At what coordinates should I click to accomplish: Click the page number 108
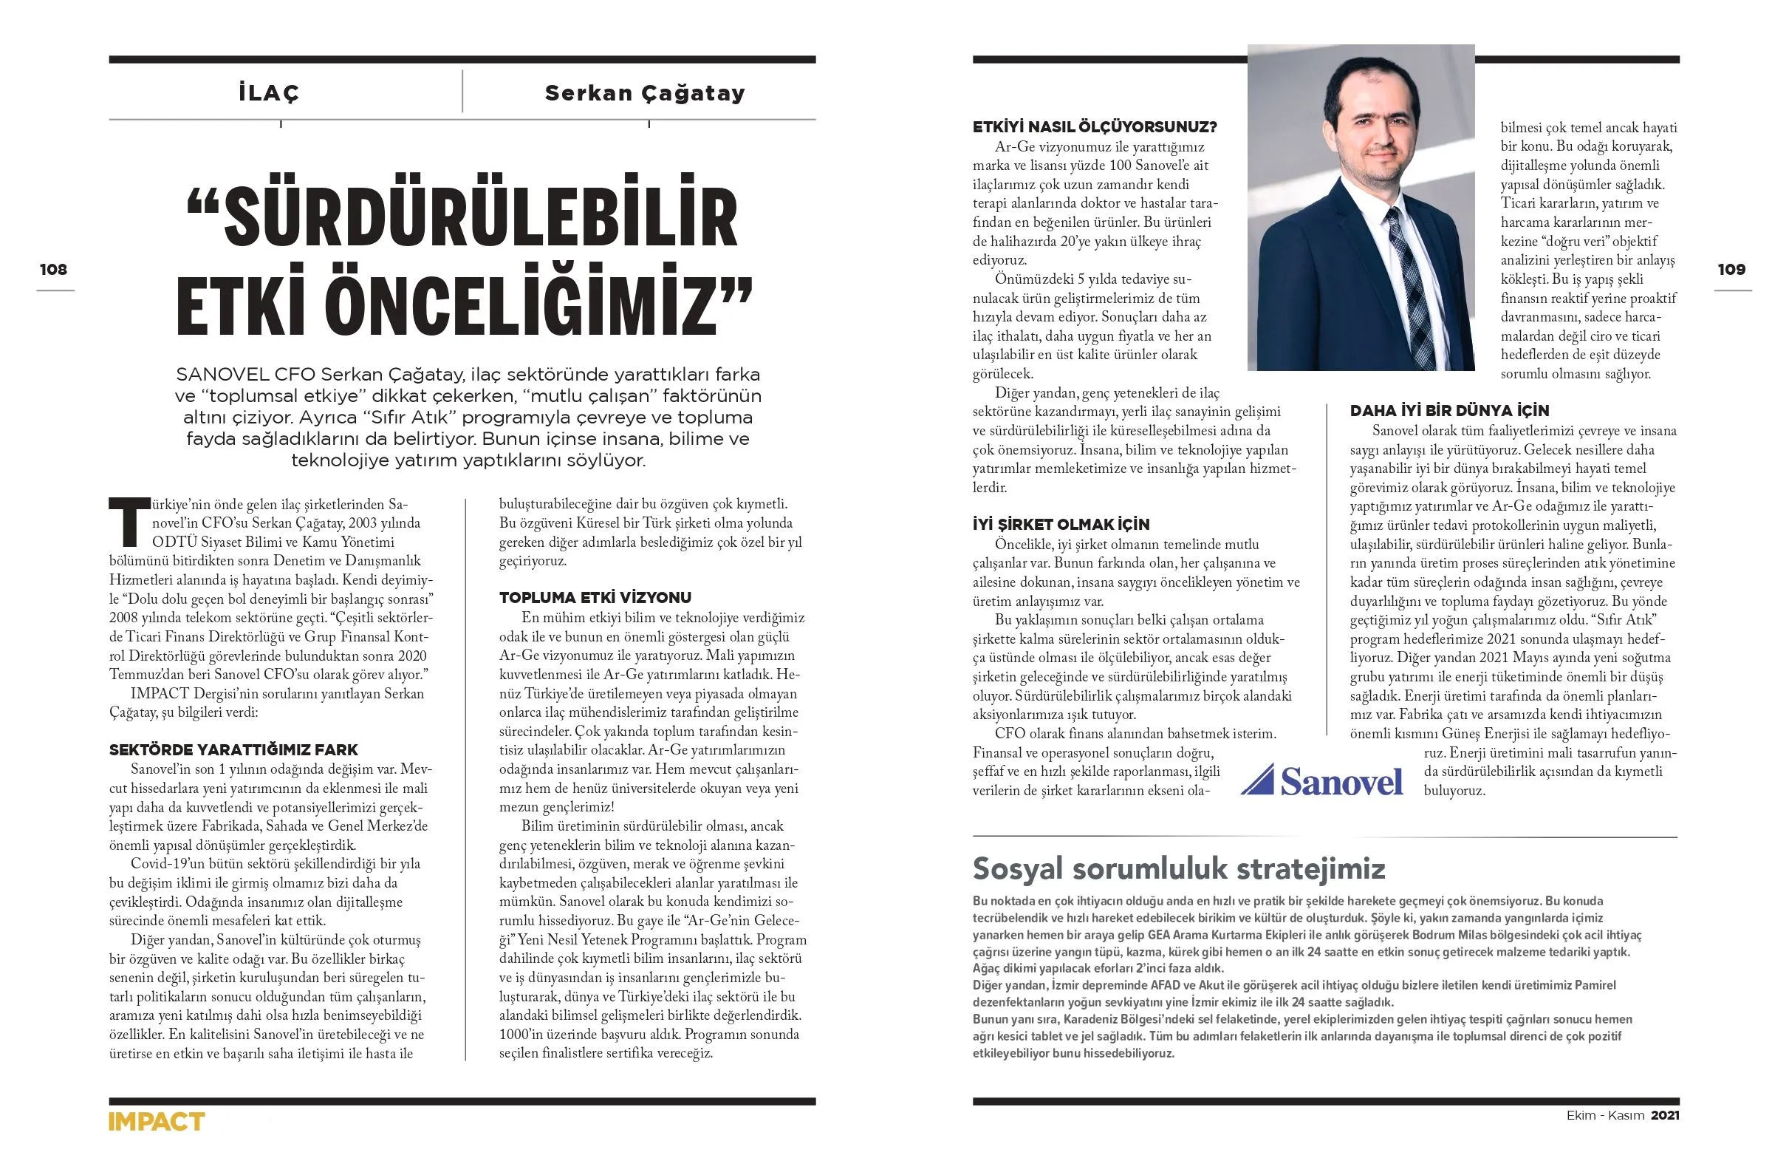coord(53,269)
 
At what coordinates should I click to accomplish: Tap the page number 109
coord(1731,269)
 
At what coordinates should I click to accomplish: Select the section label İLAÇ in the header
coord(268,93)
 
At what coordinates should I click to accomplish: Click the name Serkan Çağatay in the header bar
coord(644,93)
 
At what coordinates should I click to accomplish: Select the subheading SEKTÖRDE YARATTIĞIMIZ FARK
coord(233,749)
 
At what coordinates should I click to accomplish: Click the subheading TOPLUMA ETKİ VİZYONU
coord(595,598)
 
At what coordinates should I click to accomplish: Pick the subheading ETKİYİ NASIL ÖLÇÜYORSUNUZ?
coord(1095,127)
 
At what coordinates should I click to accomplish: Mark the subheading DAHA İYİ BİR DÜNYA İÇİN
coord(1449,411)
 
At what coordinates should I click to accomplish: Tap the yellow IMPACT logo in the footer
coord(157,1122)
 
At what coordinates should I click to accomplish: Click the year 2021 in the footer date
coord(1665,1116)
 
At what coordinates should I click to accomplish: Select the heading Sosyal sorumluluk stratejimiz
coord(1179,868)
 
